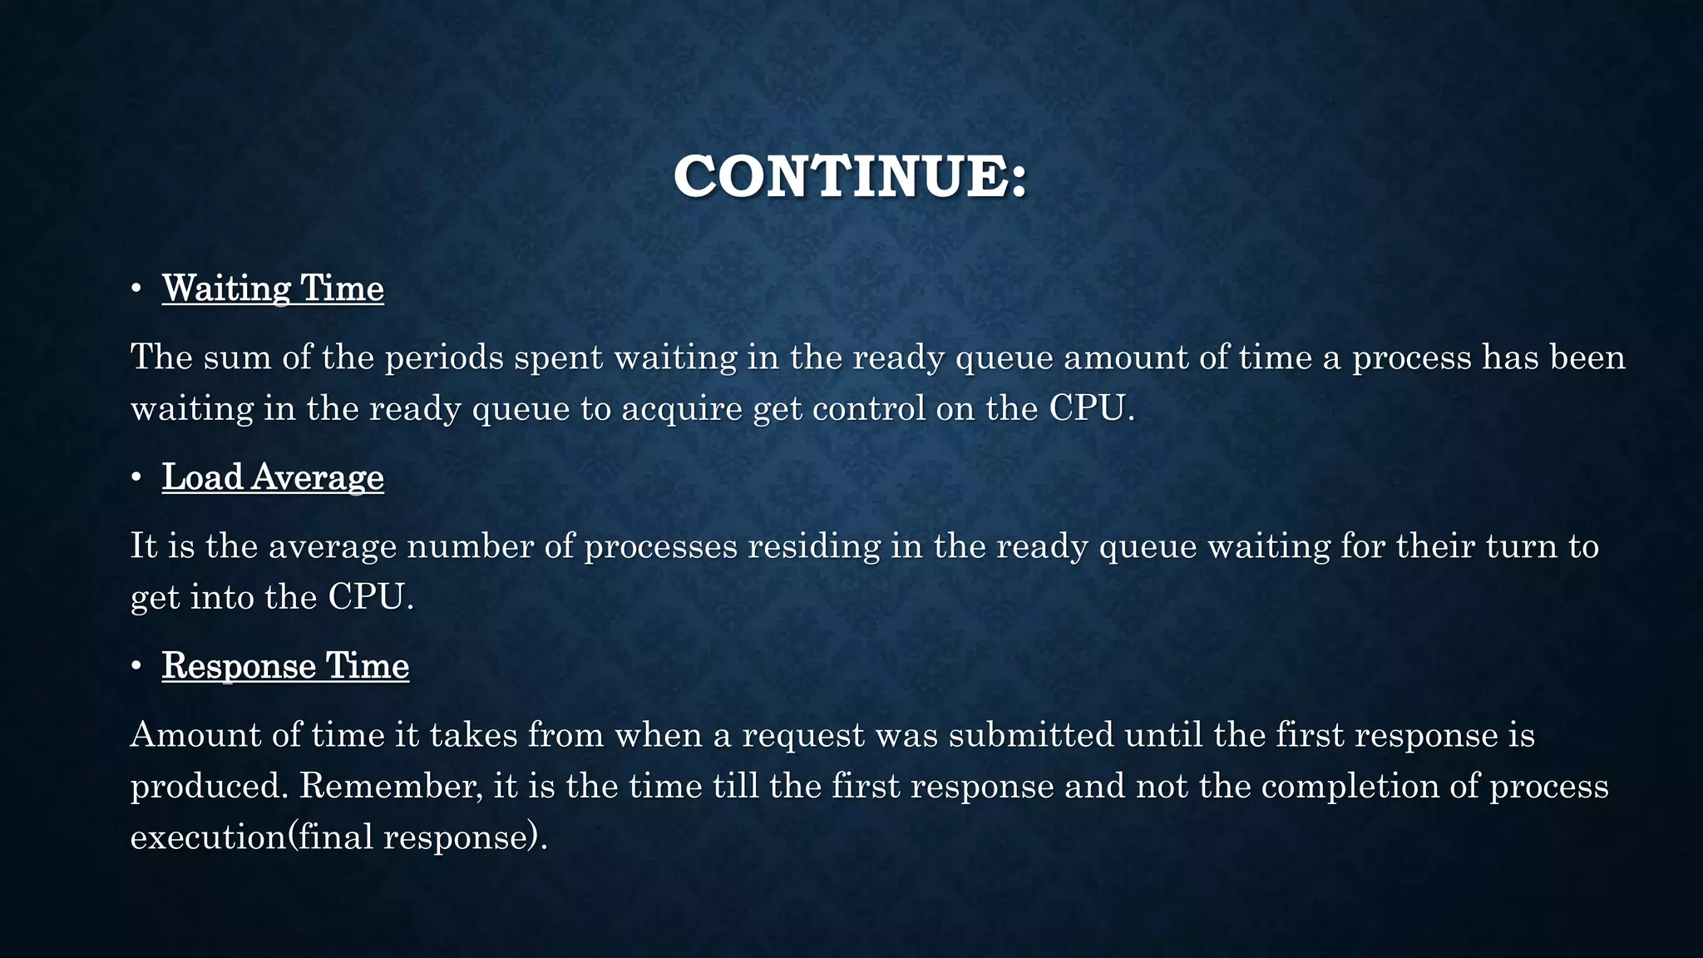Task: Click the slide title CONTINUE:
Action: [x=851, y=176]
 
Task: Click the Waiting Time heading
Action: [x=273, y=288]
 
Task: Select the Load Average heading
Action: [x=273, y=477]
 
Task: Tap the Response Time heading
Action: [x=285, y=665]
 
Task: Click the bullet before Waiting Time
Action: [x=136, y=289]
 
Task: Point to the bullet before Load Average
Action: [x=136, y=478]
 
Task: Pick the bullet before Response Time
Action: [x=136, y=667]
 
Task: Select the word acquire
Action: [x=681, y=410]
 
